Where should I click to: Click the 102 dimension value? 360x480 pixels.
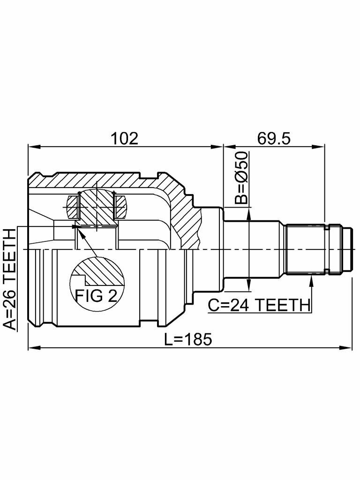click(x=124, y=138)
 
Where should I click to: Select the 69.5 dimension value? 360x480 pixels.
click(x=274, y=138)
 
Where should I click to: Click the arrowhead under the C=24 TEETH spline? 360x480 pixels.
click(x=310, y=280)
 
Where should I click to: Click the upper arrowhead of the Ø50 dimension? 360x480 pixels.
click(x=249, y=212)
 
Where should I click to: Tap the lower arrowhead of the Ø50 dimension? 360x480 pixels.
click(x=249, y=286)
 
